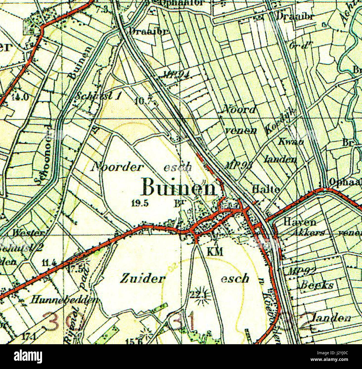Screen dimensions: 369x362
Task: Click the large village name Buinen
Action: tap(179, 187)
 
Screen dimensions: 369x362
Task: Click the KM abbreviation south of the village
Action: tap(215, 252)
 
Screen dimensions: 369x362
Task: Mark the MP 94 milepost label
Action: tap(176, 74)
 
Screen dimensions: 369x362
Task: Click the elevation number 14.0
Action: tap(20, 97)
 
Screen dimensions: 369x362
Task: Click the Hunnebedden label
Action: tap(65, 300)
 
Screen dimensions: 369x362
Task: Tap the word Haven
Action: tap(300, 222)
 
